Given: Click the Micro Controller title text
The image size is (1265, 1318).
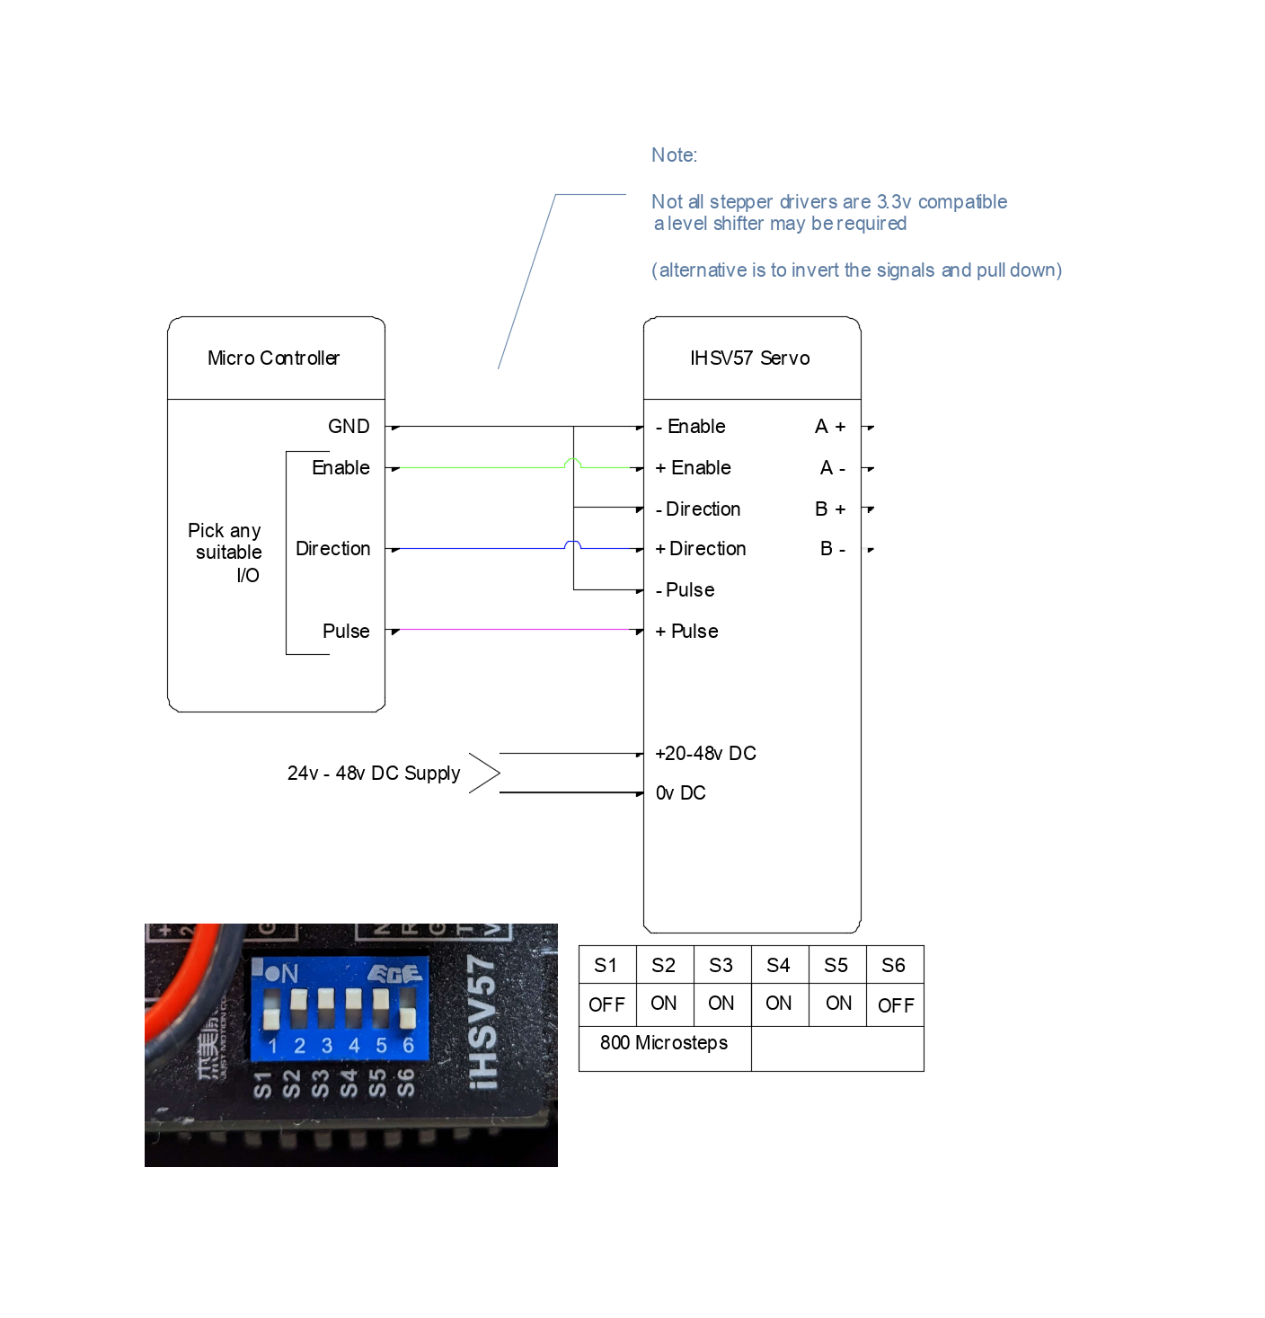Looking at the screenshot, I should tap(273, 358).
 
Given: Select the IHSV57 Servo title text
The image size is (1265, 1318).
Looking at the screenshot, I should tap(749, 358).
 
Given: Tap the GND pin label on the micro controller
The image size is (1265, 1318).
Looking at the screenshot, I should tap(349, 427).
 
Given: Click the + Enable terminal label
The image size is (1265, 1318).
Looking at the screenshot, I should tap(693, 468).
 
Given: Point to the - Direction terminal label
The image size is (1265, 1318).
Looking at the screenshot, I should tap(698, 509).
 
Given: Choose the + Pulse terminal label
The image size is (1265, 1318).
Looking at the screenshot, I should tap(686, 632).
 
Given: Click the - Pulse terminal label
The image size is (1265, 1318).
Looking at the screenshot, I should tap(686, 590).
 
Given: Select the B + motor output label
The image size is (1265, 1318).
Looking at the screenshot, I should tap(830, 509).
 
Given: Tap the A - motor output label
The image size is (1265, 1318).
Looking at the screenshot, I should tap(832, 468).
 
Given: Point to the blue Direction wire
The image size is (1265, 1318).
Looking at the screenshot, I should tap(476, 548).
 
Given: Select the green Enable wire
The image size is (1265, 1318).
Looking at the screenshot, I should tap(476, 468).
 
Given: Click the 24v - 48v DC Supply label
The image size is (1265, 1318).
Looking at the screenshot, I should tap(374, 774).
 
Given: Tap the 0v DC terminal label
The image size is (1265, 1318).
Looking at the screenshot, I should tap(680, 793).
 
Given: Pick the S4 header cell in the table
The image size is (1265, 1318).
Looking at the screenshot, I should tap(778, 966).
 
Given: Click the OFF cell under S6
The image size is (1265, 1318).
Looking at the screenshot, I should tap(895, 1005).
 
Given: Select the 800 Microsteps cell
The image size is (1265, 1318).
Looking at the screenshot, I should tap(664, 1043).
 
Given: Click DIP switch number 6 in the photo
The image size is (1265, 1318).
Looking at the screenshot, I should tap(408, 1010).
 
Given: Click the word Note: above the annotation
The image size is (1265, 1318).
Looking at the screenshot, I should tap(674, 155).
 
